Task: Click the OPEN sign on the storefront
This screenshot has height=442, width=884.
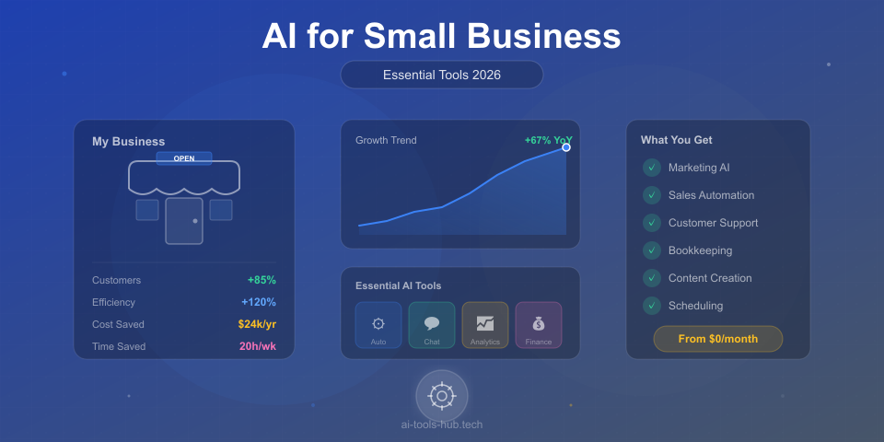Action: pos(184,158)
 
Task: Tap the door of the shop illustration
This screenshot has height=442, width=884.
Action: pos(184,221)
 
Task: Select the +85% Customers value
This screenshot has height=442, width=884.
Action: pos(262,280)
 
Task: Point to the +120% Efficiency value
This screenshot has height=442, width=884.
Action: pos(259,302)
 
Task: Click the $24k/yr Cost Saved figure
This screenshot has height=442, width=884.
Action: pos(257,324)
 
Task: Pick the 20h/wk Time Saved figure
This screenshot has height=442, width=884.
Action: pos(258,346)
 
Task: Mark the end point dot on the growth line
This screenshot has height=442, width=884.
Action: pos(566,147)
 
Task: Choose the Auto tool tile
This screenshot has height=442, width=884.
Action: pos(378,325)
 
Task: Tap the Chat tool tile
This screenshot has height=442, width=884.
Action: pos(432,325)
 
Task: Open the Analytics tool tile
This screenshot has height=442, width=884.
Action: pos(485,325)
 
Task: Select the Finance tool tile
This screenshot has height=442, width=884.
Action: pos(539,325)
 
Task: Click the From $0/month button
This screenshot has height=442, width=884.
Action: pos(718,339)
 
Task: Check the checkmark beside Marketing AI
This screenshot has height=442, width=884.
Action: pos(652,168)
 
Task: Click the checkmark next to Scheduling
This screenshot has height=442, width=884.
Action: pos(652,306)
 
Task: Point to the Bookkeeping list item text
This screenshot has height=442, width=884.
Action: pos(701,250)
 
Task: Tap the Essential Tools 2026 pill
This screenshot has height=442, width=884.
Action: pos(442,75)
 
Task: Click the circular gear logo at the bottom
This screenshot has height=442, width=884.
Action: pos(442,396)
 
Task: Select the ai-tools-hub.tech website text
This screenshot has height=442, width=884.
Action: pos(442,425)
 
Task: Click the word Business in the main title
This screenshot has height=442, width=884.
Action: pos(543,36)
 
